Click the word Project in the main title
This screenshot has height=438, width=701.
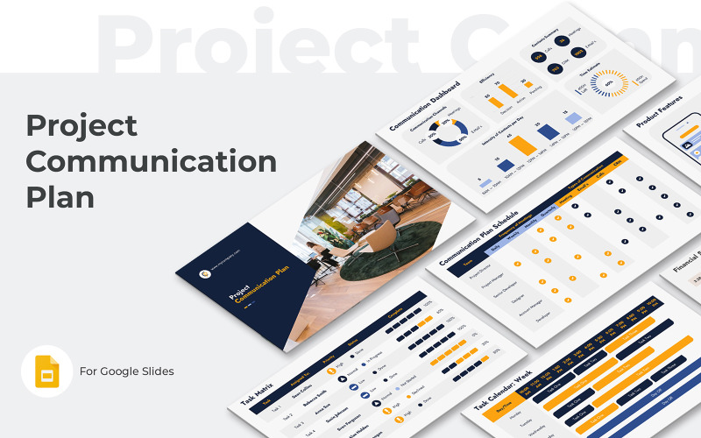click(81, 125)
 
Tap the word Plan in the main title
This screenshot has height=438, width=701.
click(60, 197)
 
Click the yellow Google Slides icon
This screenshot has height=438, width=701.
click(46, 371)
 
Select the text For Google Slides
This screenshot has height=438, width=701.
click(127, 371)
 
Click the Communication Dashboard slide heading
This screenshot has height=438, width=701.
click(424, 106)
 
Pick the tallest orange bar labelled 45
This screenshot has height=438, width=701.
click(522, 145)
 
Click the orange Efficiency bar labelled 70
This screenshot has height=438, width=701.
click(508, 89)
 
